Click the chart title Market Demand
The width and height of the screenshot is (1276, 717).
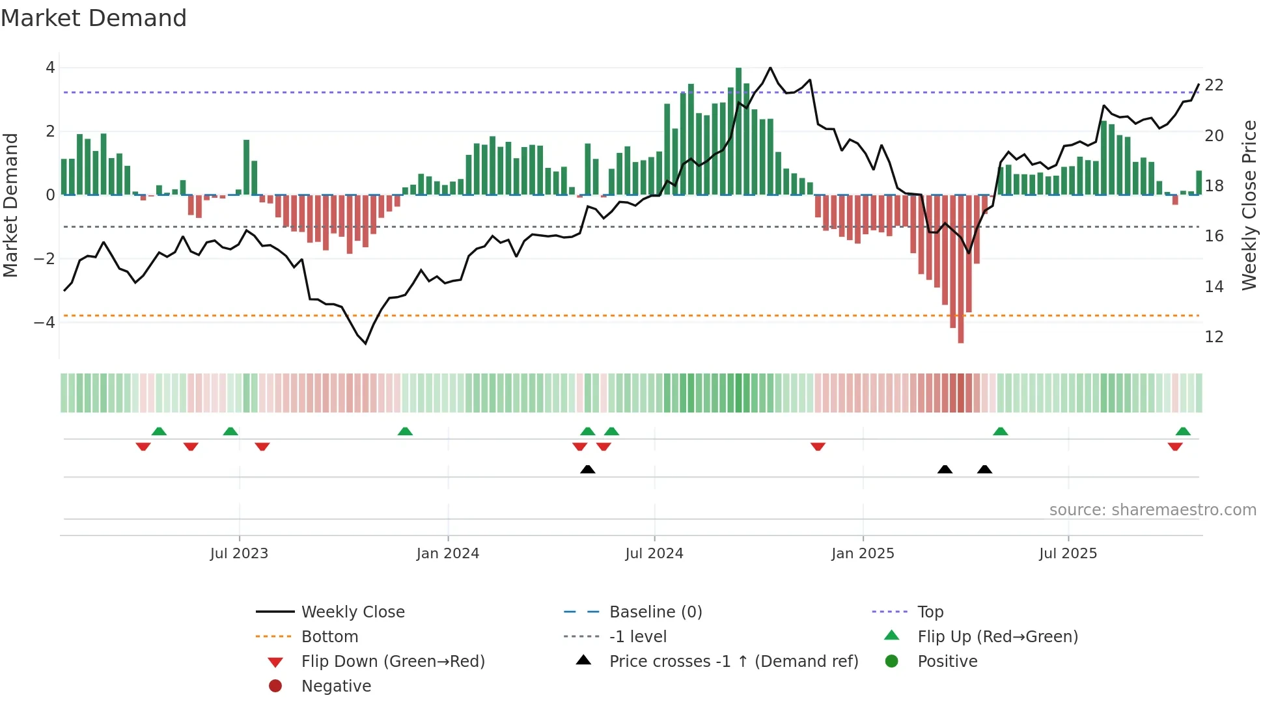pos(94,18)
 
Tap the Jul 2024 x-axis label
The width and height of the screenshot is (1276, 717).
pos(654,554)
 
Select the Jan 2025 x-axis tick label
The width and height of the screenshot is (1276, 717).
pos(863,554)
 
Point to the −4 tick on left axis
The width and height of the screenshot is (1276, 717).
pos(44,323)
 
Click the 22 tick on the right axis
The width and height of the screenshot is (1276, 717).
pos(1214,85)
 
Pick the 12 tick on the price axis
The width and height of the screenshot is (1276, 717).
pos(1214,337)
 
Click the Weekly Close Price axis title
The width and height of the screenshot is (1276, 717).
pos(1249,205)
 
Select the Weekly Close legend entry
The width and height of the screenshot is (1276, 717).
pos(352,612)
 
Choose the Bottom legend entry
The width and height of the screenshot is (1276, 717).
pos(329,637)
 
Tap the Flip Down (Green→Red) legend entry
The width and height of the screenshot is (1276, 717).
pos(393,662)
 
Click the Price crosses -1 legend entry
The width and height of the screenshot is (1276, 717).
pos(733,662)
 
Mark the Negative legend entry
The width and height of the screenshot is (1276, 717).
pos(336,686)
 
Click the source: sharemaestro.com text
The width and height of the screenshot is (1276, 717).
pos(1152,510)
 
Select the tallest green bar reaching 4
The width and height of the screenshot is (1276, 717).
pos(738,130)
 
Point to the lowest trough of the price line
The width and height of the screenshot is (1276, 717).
pos(366,343)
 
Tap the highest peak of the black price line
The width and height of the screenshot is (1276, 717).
pos(770,68)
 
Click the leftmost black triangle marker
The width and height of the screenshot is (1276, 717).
pos(587,469)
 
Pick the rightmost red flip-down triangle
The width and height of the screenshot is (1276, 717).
pos(1175,446)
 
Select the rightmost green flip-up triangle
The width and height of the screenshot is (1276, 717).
pos(1183,431)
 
